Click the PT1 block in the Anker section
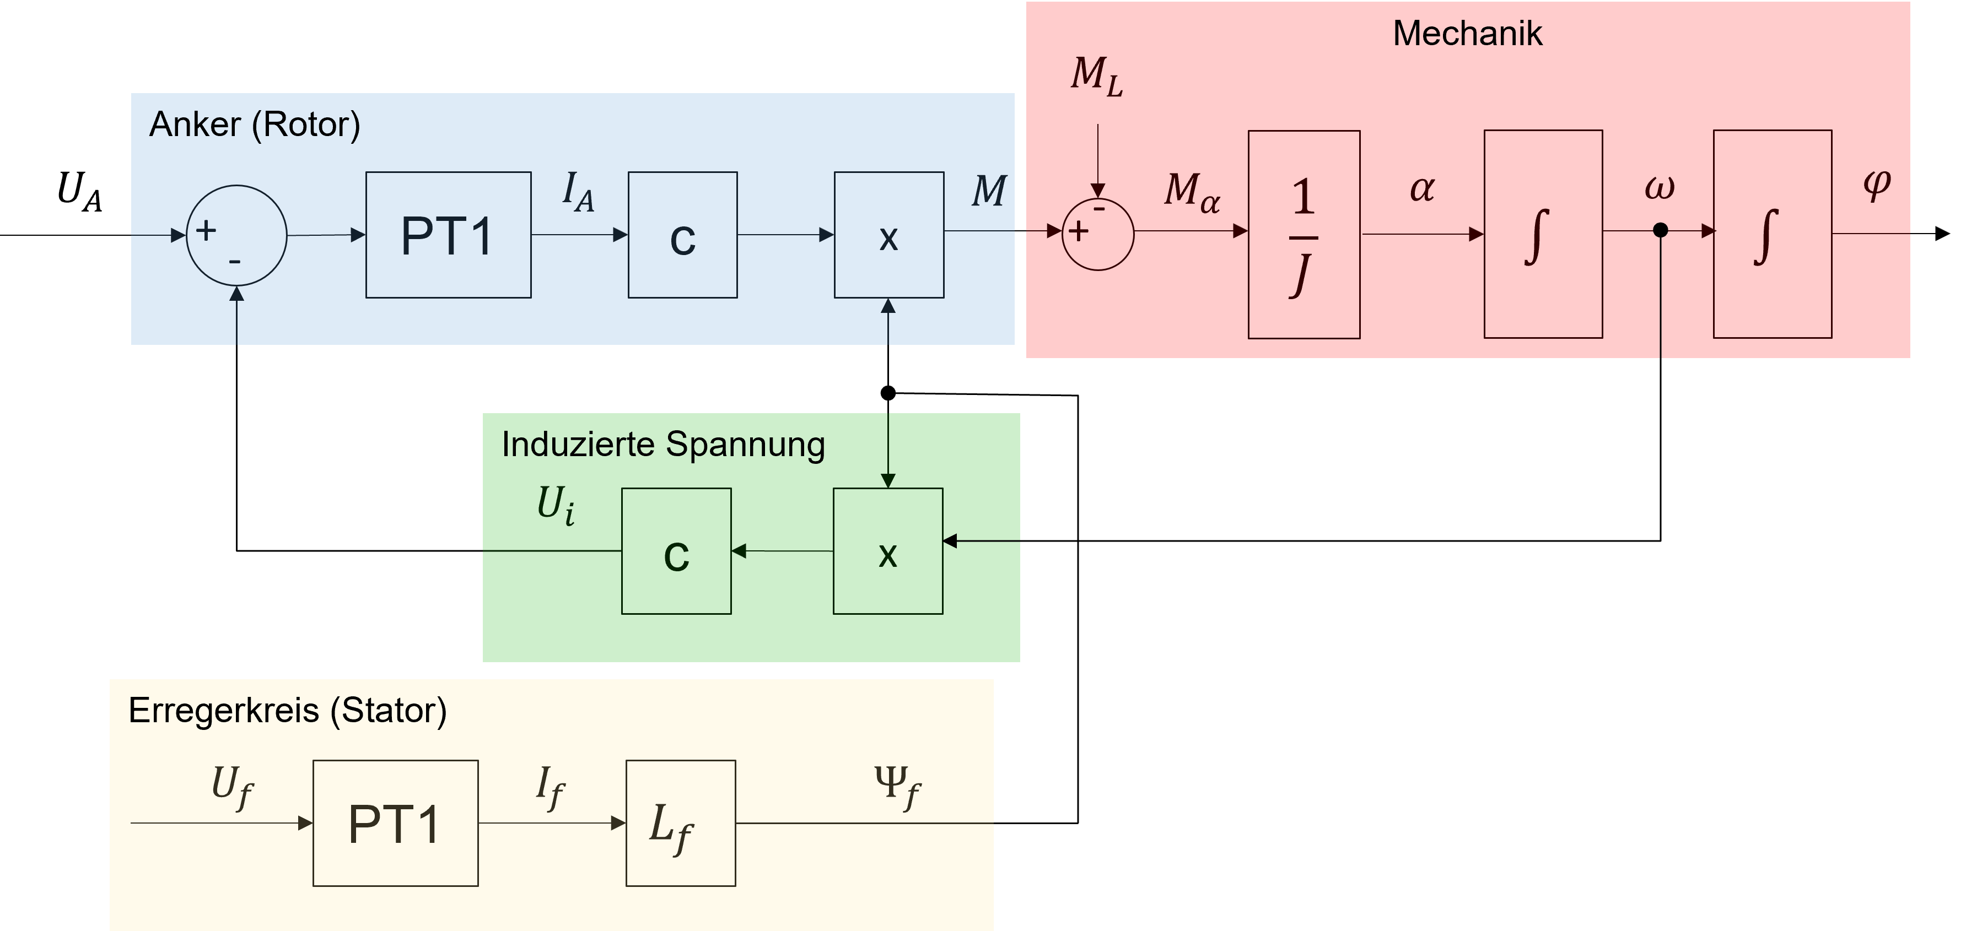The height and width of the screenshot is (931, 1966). click(448, 235)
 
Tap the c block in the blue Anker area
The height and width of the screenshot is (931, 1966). click(682, 235)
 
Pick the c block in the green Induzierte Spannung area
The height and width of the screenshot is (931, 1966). click(676, 551)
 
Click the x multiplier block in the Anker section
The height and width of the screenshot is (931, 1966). click(888, 235)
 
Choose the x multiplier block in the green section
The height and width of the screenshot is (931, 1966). click(887, 551)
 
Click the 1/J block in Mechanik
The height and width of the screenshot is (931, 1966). click(1304, 234)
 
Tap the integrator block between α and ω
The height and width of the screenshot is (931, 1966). click(1542, 234)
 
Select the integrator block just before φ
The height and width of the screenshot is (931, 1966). click(1772, 234)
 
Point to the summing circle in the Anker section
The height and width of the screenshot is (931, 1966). click(236, 235)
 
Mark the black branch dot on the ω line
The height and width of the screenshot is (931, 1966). click(1660, 230)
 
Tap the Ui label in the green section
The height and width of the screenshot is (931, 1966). click(556, 505)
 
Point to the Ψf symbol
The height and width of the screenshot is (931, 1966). click(897, 786)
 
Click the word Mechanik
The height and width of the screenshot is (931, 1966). click(1467, 34)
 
